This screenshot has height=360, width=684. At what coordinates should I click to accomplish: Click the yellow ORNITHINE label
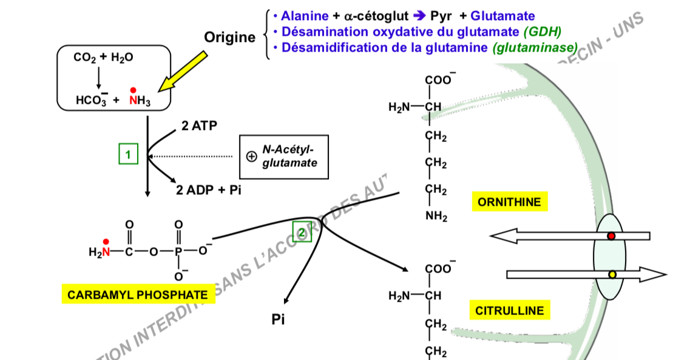coord(509,202)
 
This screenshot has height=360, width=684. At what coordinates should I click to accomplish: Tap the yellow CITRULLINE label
coord(509,311)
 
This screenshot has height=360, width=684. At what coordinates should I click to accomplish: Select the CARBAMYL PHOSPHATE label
coord(137,295)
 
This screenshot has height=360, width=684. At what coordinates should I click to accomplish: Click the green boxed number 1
coord(128,155)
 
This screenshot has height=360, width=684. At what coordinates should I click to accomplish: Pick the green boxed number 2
coord(302,231)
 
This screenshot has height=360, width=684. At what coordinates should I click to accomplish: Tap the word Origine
coord(230,38)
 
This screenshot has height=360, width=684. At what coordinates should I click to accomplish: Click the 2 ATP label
coord(198,126)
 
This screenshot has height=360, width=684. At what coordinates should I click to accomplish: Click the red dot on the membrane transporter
coord(612,236)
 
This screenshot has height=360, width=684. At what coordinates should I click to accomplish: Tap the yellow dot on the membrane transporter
coord(612,274)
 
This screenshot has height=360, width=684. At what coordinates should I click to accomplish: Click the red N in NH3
coord(133,101)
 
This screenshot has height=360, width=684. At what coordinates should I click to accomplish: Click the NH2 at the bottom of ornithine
coord(436,216)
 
